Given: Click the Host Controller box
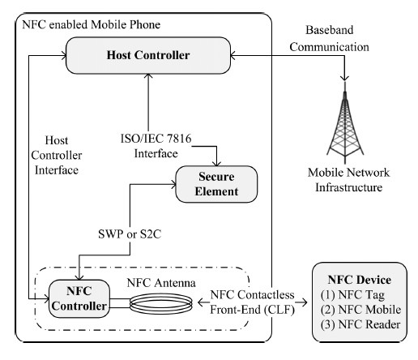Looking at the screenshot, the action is pyautogui.click(x=148, y=55).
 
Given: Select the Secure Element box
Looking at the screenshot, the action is pyautogui.click(x=216, y=184).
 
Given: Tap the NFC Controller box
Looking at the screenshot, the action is pyautogui.click(x=79, y=298).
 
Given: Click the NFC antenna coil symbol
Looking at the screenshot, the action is pyautogui.click(x=161, y=303).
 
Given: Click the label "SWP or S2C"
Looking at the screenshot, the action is pyautogui.click(x=130, y=234).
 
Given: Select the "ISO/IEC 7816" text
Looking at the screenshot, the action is pyautogui.click(x=156, y=139).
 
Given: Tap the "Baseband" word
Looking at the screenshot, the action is pyautogui.click(x=330, y=30).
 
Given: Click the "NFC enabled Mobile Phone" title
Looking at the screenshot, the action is pyautogui.click(x=92, y=24).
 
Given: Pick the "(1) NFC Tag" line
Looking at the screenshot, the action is pyautogui.click(x=352, y=295).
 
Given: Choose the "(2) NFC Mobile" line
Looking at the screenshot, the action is pyautogui.click(x=360, y=310).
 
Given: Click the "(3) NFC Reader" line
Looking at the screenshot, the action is pyautogui.click(x=360, y=324).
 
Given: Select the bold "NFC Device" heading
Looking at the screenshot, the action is pyautogui.click(x=360, y=280).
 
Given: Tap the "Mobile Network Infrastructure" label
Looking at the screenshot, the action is pyautogui.click(x=348, y=180).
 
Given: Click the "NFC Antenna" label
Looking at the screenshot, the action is pyautogui.click(x=161, y=283).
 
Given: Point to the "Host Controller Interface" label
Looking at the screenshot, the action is pyautogui.click(x=57, y=156).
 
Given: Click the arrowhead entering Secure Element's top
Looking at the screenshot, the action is pyautogui.click(x=216, y=163).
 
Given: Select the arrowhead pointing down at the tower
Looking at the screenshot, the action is pyautogui.click(x=344, y=78).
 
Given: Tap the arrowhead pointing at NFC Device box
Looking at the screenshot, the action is pyautogui.click(x=305, y=302).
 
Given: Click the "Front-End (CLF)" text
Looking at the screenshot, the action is pyautogui.click(x=252, y=310).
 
